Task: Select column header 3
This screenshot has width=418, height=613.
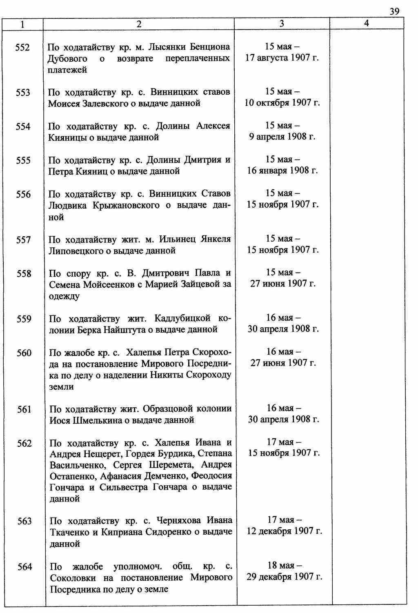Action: pyautogui.click(x=282, y=24)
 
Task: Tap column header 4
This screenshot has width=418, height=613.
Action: pyautogui.click(x=366, y=24)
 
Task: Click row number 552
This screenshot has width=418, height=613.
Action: pyautogui.click(x=22, y=48)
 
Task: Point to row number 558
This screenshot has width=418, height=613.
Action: pyautogui.click(x=24, y=274)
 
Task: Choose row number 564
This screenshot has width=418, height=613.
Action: pyautogui.click(x=24, y=567)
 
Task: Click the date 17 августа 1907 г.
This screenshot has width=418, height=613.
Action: pyautogui.click(x=282, y=58)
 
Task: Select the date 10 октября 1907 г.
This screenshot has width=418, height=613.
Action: pyautogui.click(x=282, y=103)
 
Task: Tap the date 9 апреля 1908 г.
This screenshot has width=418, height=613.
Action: pyautogui.click(x=282, y=137)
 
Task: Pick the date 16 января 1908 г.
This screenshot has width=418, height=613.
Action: pyautogui.click(x=282, y=171)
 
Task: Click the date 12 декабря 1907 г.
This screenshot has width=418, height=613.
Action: pyautogui.click(x=284, y=531)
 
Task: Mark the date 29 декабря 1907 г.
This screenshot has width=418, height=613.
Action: pyautogui.click(x=284, y=577)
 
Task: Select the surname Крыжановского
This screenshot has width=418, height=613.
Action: pyautogui.click(x=125, y=205)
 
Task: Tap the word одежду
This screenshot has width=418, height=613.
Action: pyautogui.click(x=64, y=296)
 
